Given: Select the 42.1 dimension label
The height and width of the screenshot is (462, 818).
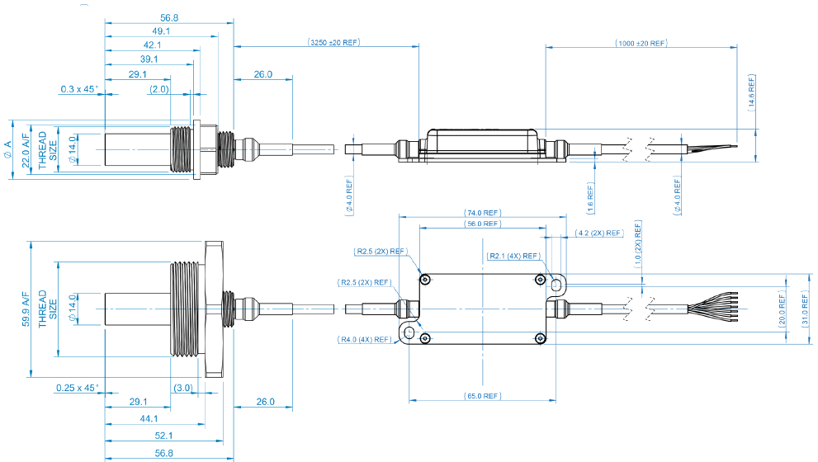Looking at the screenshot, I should [x=152, y=45].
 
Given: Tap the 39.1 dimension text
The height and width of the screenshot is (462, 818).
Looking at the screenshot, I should [x=149, y=59].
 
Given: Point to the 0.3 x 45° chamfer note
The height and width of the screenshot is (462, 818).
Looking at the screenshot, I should [x=79, y=88].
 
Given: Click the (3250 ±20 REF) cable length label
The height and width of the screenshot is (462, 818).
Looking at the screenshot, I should [x=333, y=42].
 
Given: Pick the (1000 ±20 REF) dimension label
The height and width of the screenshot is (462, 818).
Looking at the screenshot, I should [x=641, y=42].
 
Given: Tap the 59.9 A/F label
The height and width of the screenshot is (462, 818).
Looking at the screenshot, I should [x=25, y=309].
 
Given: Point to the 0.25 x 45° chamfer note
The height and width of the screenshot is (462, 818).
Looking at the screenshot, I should [x=77, y=387].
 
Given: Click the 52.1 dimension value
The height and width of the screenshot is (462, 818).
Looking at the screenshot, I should [x=163, y=436].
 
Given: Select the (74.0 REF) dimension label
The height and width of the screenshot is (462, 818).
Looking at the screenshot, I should [x=482, y=213].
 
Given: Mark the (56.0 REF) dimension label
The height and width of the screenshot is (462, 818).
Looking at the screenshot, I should [x=482, y=224].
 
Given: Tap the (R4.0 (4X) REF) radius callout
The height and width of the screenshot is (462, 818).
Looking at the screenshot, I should [x=364, y=339].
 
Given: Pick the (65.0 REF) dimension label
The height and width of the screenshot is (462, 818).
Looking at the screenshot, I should [x=482, y=396].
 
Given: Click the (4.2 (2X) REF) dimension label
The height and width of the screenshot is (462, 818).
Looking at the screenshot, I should [x=600, y=233].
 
